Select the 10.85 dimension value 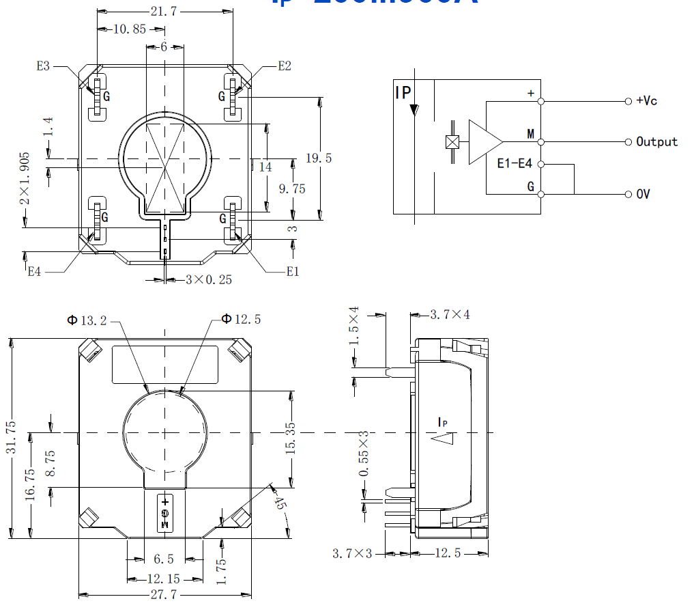[130, 29]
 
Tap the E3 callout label [43, 66]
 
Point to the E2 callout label [285, 66]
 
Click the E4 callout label [34, 271]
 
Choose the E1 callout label [293, 271]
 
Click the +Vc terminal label [646, 100]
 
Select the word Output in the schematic [656, 141]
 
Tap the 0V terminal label [643, 194]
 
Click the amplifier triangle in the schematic [484, 142]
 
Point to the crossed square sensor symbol [452, 142]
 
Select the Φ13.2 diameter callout [87, 320]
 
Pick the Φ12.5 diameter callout [241, 319]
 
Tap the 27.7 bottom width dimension [164, 595]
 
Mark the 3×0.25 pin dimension [209, 280]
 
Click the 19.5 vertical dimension [319, 158]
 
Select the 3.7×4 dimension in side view [450, 315]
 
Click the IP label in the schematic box [403, 93]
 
